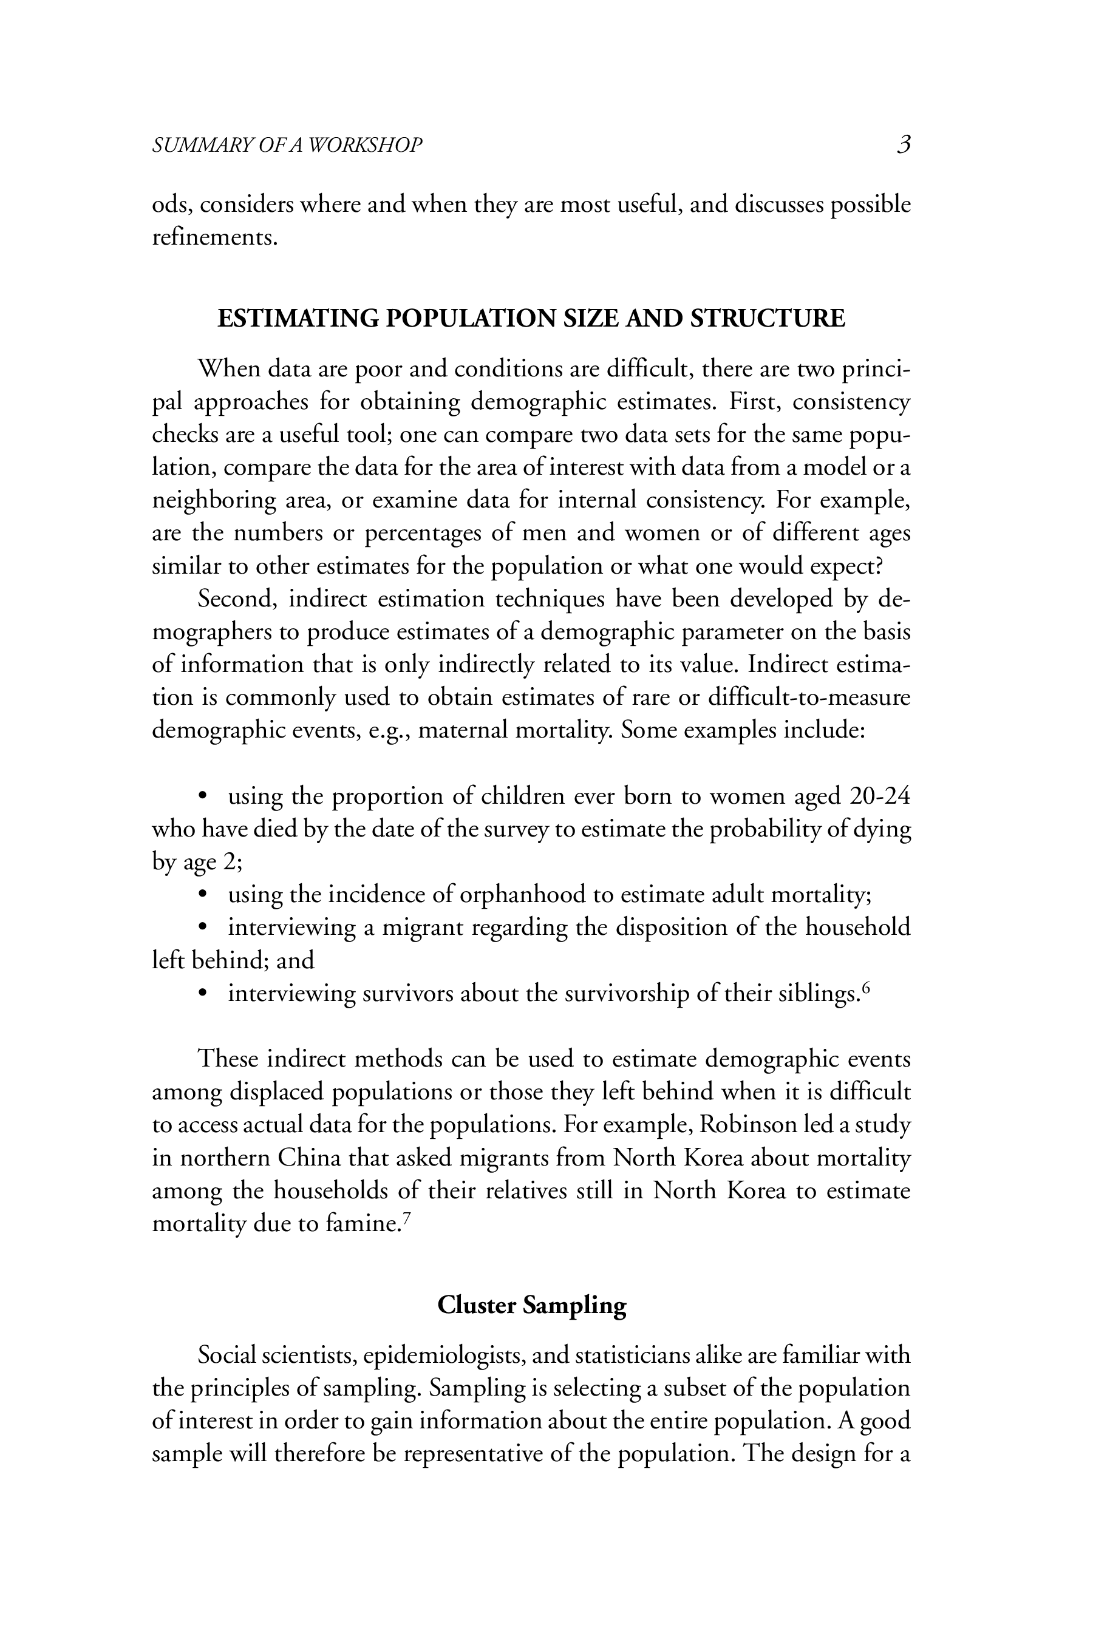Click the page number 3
904,144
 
